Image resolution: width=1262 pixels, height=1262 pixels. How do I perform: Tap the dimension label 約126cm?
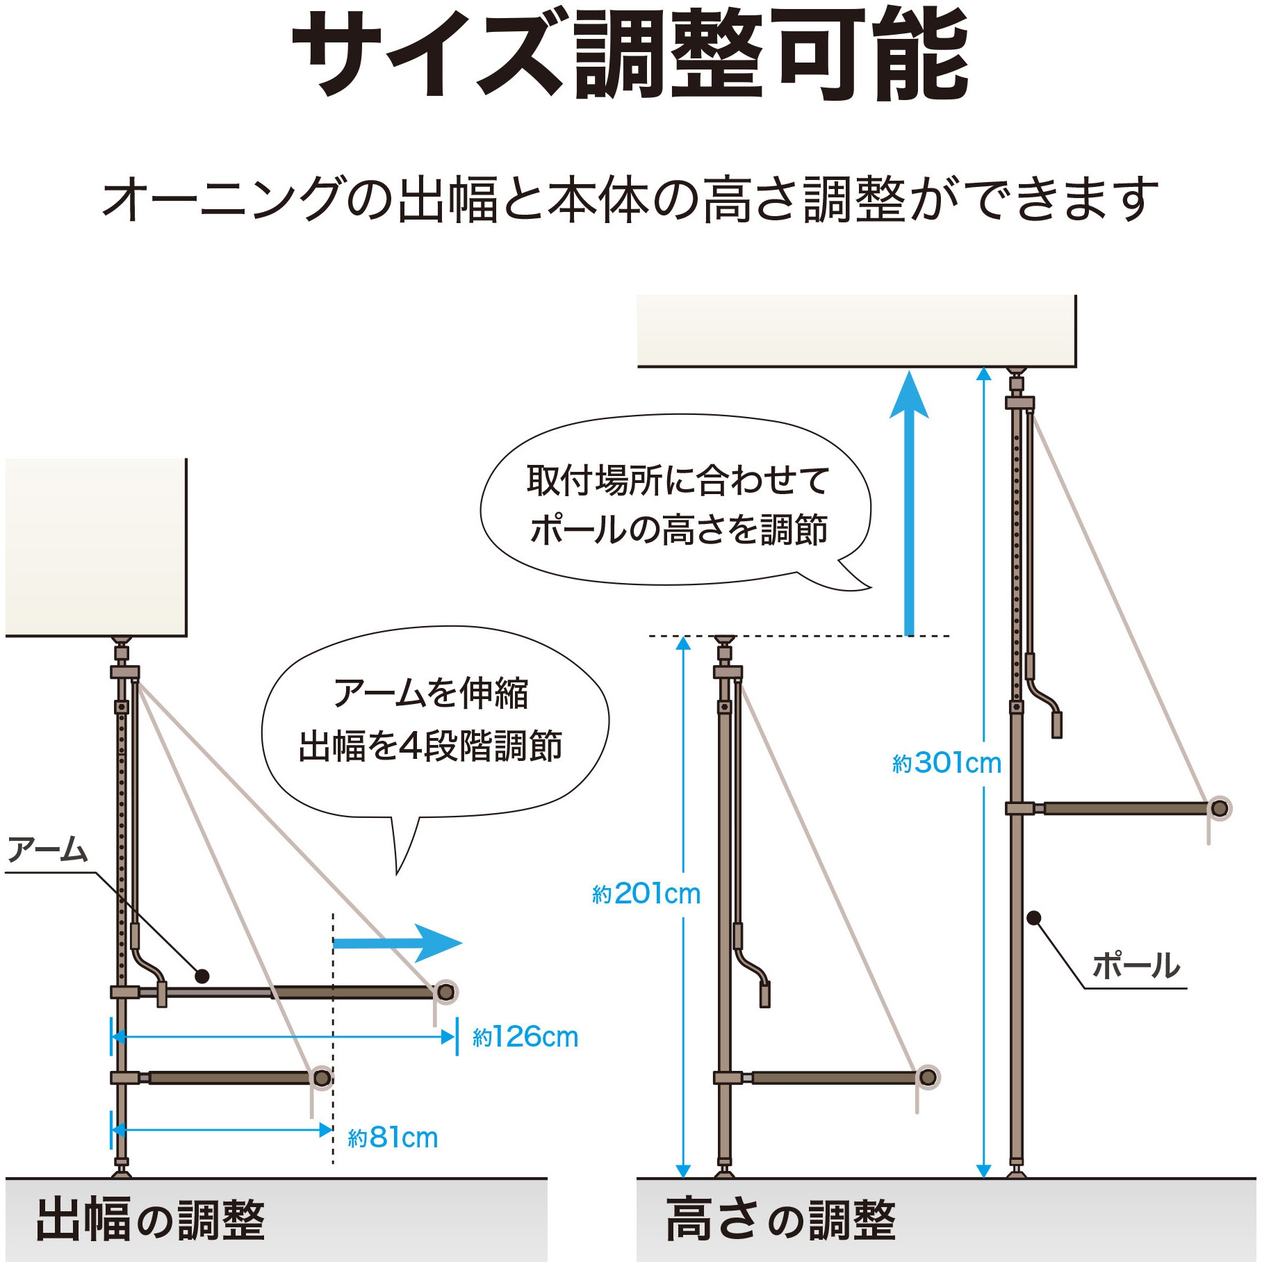(525, 1038)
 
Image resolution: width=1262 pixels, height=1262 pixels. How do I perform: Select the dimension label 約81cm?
(393, 1138)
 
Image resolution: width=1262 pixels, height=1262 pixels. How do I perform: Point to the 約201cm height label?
(646, 894)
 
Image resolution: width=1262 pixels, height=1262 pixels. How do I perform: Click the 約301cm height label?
(946, 763)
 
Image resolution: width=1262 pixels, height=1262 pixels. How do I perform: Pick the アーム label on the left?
(47, 850)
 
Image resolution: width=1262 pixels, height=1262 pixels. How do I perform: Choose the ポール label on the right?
(1136, 966)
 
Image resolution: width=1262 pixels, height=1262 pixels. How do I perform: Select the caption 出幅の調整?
(150, 1220)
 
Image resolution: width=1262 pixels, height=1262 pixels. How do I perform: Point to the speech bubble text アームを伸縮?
(431, 693)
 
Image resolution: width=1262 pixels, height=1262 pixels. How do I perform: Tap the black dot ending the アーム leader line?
(202, 976)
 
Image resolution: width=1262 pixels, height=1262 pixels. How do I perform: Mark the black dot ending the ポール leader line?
(1034, 918)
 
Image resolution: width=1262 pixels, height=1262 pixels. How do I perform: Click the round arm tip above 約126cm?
(446, 992)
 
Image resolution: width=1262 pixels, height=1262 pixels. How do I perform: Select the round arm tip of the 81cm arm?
(322, 1078)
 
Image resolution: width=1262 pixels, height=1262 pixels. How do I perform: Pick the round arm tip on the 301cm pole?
(1220, 808)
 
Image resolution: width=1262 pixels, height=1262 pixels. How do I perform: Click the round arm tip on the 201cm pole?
(928, 1078)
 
